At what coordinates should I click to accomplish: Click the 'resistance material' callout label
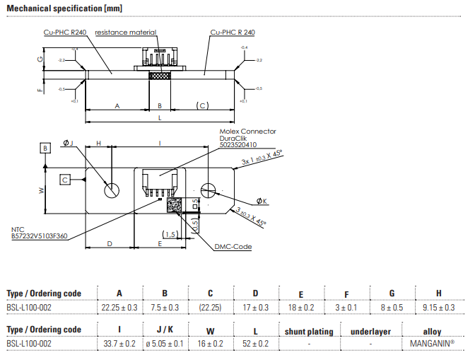click(125, 33)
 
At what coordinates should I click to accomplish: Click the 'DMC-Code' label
click(234, 247)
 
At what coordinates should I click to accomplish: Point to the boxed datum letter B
click(45, 149)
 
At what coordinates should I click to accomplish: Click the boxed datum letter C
click(65, 180)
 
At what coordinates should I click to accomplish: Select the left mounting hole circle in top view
click(112, 190)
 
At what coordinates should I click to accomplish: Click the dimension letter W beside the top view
click(42, 190)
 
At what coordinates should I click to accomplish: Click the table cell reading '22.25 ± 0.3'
click(119, 308)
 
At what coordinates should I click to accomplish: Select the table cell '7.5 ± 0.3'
click(165, 308)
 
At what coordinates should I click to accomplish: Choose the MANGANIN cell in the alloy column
click(432, 344)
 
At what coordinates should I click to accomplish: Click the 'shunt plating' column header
click(309, 330)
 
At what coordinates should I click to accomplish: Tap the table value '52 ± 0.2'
click(255, 344)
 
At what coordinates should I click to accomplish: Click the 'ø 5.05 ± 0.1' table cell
click(165, 344)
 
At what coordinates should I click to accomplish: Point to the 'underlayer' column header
click(370, 330)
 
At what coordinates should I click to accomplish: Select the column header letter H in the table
click(438, 294)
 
